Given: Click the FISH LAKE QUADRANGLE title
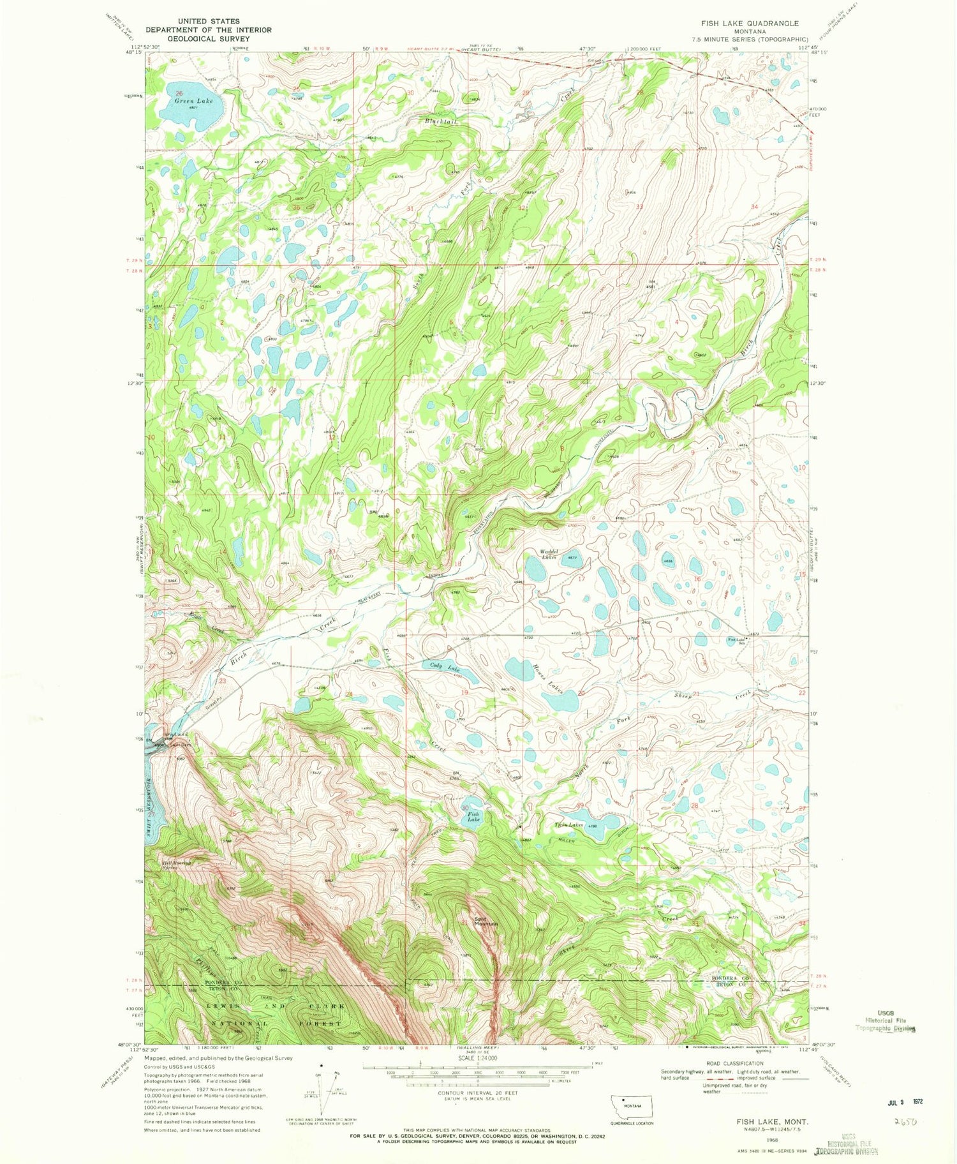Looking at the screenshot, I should pos(750,23).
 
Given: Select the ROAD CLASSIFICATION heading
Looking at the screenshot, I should pos(756,1063).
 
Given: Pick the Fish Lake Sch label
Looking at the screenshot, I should pos(738,641).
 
